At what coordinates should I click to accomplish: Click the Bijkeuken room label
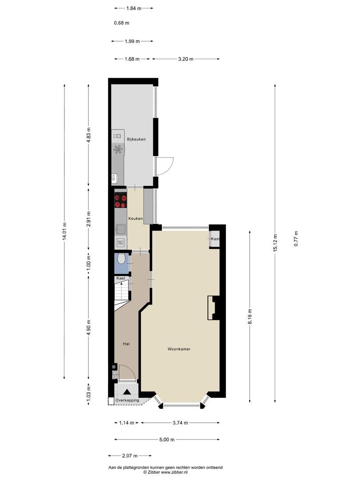(x=136, y=139)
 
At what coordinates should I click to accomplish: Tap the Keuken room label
(x=135, y=219)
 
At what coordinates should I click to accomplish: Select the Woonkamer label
(x=179, y=349)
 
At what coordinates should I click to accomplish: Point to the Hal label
(x=126, y=344)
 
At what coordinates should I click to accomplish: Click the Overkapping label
(x=127, y=400)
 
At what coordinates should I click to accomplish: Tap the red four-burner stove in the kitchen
(x=120, y=201)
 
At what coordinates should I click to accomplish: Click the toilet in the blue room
(x=121, y=259)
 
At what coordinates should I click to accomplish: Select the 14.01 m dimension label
(x=64, y=232)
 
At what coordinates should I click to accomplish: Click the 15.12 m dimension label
(x=275, y=243)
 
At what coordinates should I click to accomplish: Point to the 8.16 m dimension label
(x=250, y=316)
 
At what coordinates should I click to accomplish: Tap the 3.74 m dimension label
(x=180, y=423)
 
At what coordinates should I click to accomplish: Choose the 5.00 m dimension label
(x=167, y=440)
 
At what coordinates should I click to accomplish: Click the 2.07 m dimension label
(x=130, y=456)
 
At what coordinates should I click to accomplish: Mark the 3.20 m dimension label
(x=186, y=59)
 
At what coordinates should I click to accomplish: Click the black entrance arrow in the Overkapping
(x=127, y=392)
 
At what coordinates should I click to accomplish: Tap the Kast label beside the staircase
(x=120, y=278)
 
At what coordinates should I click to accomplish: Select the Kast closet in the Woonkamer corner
(x=215, y=239)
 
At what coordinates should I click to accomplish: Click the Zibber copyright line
(x=166, y=472)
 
